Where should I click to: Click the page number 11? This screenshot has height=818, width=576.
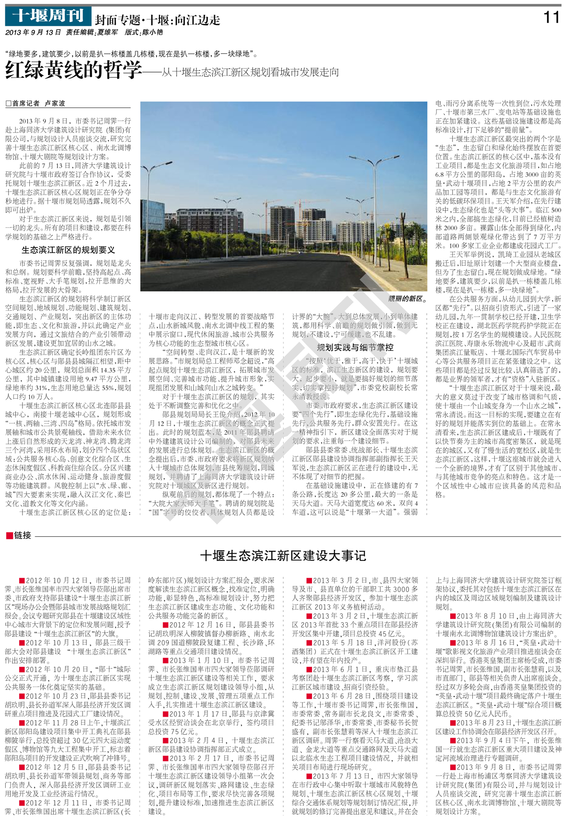pyautogui.click(x=552, y=18)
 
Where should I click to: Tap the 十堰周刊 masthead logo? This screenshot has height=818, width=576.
pyautogui.click(x=48, y=16)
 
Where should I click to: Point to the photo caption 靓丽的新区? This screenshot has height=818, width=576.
pyautogui.click(x=407, y=298)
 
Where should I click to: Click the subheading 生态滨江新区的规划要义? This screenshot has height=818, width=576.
pyautogui.click(x=68, y=250)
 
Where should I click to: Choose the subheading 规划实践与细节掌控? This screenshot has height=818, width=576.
pyautogui.click(x=355, y=347)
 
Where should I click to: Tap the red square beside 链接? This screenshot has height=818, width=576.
pyautogui.click(x=9, y=535)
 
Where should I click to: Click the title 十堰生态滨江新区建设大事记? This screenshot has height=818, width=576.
pyautogui.click(x=283, y=556)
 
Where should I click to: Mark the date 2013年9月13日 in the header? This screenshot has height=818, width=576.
pyautogui.click(x=33, y=33)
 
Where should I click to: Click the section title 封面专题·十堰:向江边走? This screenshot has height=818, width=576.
pyautogui.click(x=157, y=20)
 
